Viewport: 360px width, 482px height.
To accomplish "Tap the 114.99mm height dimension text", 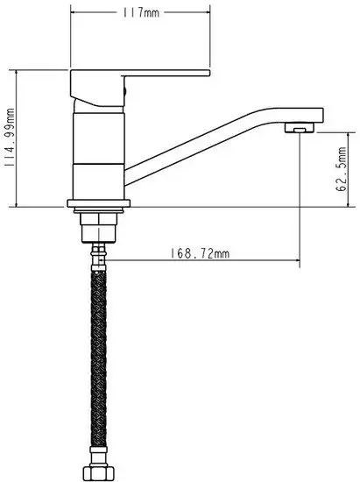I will pos(11,138).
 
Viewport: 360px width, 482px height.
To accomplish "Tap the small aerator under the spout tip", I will pos(300,128).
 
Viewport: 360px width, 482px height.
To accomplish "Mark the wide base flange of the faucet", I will pos(98,203).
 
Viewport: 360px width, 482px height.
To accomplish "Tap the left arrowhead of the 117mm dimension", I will pos(74,13).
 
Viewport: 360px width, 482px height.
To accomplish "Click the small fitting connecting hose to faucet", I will pos(98,255).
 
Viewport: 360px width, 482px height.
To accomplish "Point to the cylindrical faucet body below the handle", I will pos(98,149).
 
